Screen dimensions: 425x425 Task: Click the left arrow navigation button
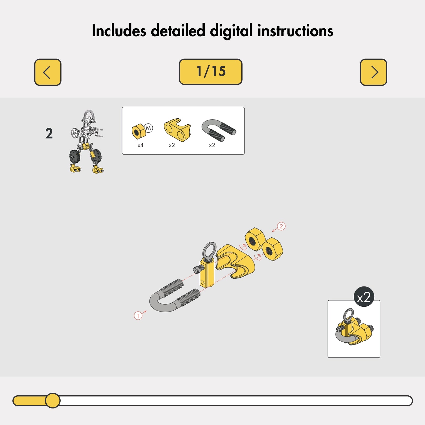pyautogui.click(x=48, y=72)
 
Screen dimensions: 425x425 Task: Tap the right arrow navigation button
pyautogui.click(x=373, y=72)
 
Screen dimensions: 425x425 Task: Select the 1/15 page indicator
pyautogui.click(x=211, y=72)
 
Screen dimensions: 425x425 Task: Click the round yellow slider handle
pyautogui.click(x=53, y=400)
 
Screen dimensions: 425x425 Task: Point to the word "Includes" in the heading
pyautogui.click(x=119, y=31)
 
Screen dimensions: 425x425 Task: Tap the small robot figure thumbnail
pyautogui.click(x=86, y=141)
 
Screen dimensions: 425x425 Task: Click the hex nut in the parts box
pyautogui.click(x=139, y=131)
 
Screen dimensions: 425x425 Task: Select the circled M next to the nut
pyautogui.click(x=148, y=128)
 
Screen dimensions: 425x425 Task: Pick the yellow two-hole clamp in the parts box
pyautogui.click(x=177, y=130)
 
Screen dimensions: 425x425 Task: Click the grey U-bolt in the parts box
pyautogui.click(x=219, y=130)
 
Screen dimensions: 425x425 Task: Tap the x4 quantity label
pyautogui.click(x=140, y=145)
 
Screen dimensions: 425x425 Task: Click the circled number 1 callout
pyautogui.click(x=138, y=316)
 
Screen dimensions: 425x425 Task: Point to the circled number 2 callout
pyautogui.click(x=281, y=226)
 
